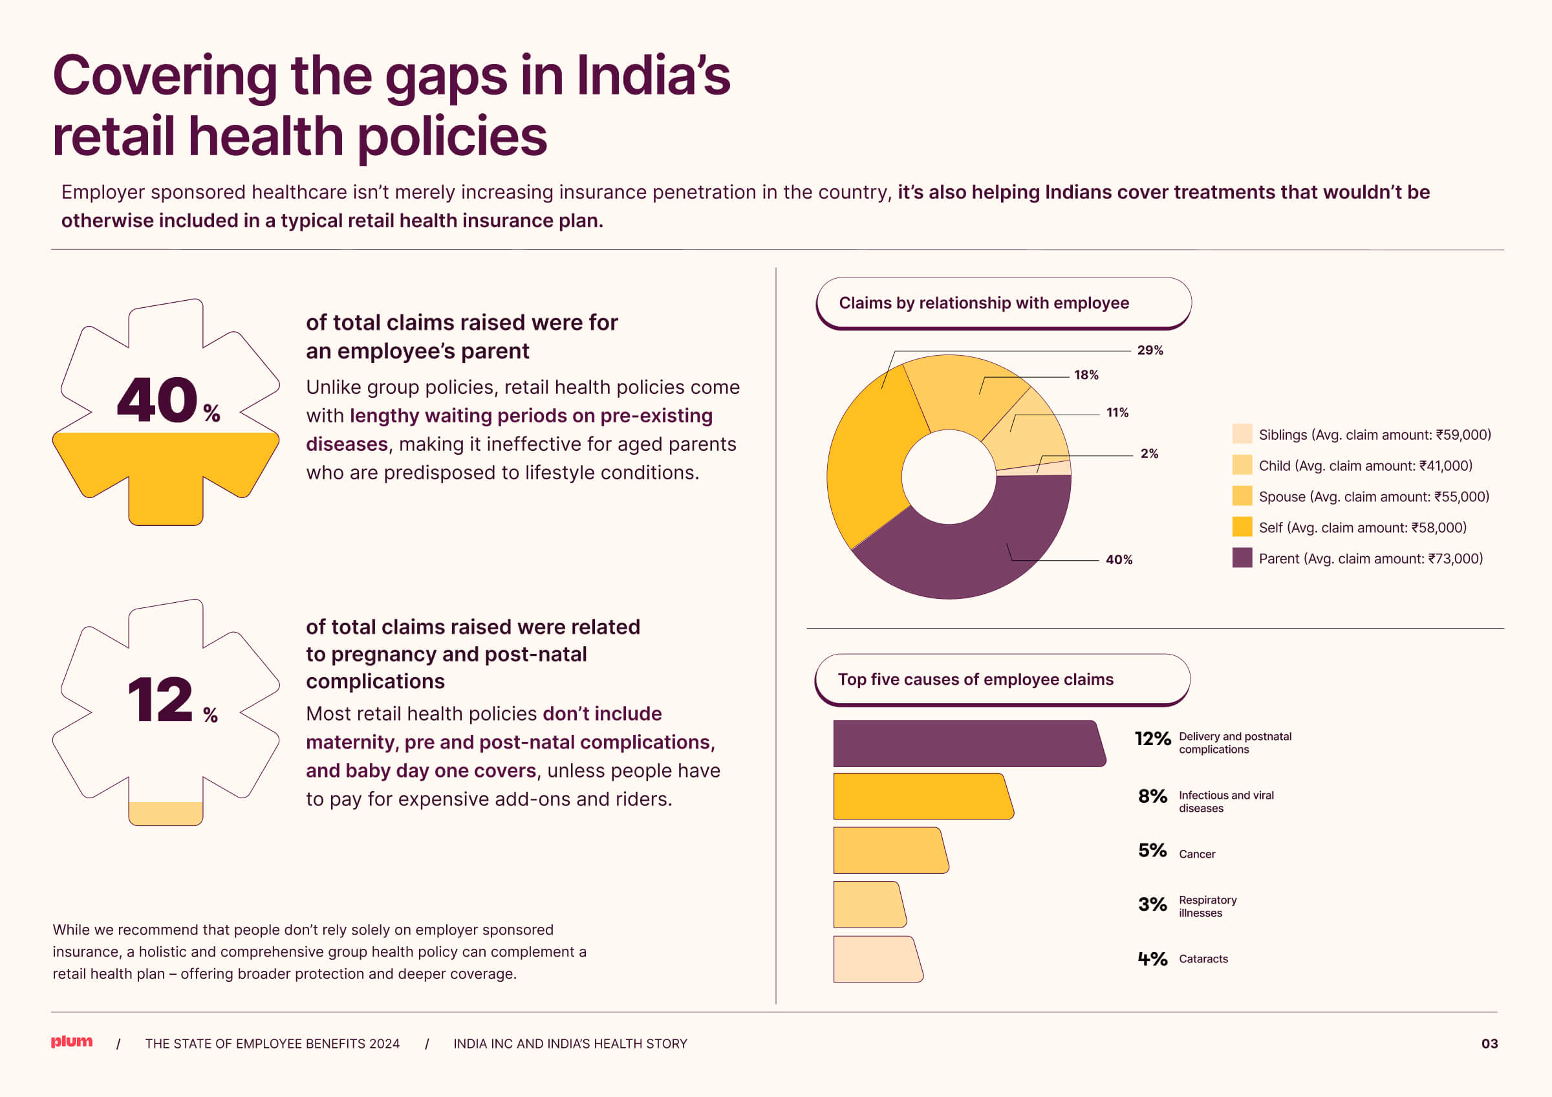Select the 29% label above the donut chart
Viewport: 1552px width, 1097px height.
[1150, 350]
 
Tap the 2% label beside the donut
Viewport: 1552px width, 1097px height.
[1149, 453]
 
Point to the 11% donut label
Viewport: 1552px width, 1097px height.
[1117, 412]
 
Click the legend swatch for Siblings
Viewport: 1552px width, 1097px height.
[1242, 434]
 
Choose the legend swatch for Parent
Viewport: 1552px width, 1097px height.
[1242, 558]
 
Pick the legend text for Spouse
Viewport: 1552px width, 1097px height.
[1374, 497]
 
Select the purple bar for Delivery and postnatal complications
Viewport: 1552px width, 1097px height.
[967, 743]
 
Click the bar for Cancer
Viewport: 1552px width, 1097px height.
[889, 851]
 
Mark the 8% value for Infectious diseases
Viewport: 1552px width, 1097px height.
[1152, 796]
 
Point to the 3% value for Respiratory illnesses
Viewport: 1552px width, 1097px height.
[1152, 904]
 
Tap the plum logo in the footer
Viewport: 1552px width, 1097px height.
[72, 1041]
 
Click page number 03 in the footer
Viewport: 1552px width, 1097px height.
[1489, 1043]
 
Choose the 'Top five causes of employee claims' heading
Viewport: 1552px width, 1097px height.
[975, 679]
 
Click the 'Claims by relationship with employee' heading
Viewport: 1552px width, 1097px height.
[984, 303]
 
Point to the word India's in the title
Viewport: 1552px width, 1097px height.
[653, 76]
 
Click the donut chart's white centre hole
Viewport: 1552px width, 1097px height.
[949, 477]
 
